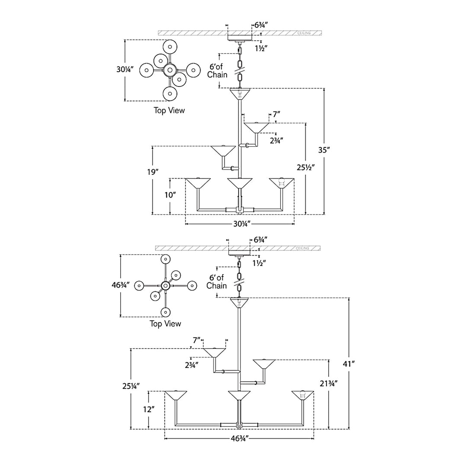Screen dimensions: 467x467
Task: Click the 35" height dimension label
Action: point(323,150)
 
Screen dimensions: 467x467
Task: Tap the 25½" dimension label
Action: point(306,167)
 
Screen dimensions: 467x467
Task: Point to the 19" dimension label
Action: point(153,172)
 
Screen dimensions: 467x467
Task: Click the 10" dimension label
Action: point(170,195)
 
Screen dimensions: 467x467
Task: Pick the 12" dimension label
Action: point(149,409)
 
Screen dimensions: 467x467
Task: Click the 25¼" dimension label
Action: point(131,386)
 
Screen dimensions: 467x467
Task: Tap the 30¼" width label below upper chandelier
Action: point(241,224)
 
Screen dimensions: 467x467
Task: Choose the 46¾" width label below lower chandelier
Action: point(240,438)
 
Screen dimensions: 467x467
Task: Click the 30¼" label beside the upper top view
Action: point(125,69)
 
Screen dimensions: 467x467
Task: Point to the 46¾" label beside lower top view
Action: point(120,285)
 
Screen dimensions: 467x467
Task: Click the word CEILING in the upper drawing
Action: point(304,33)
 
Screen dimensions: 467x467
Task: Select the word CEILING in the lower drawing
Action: point(303,248)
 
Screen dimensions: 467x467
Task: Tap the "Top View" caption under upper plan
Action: point(169,111)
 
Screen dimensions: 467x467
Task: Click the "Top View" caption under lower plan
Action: point(165,324)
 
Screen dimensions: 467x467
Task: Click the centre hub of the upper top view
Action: point(170,70)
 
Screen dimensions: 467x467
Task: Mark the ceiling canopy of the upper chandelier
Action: point(240,38)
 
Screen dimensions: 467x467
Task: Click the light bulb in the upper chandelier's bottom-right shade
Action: point(281,182)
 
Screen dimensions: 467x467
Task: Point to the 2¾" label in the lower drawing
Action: point(192,365)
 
